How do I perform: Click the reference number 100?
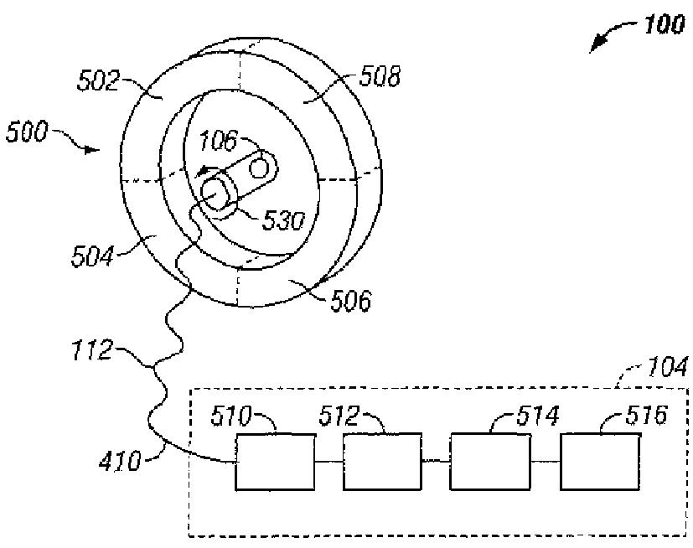pyautogui.click(x=665, y=25)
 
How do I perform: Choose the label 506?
pyautogui.click(x=349, y=299)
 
